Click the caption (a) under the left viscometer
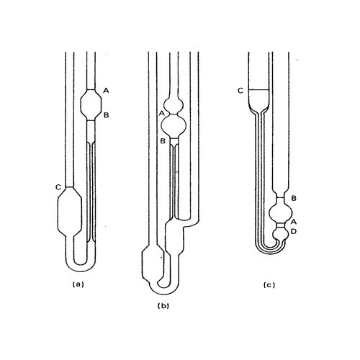pyautogui.click(x=79, y=284)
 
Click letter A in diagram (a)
pyautogui.click(x=106, y=90)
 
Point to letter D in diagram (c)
pyautogui.click(x=294, y=231)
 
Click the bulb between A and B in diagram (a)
pyautogui.click(x=91, y=104)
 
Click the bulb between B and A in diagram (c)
pyautogui.click(x=281, y=212)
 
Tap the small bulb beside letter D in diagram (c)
pyautogui.click(x=282, y=232)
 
